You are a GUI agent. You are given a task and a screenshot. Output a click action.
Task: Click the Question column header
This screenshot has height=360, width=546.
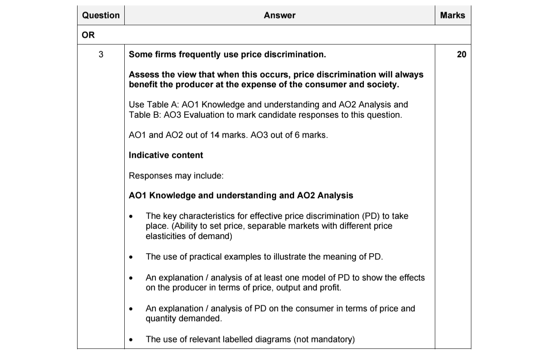click(101, 16)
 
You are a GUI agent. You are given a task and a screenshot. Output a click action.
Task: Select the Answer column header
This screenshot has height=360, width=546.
click(279, 16)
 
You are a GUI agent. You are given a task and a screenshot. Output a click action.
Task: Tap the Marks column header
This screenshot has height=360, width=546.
click(452, 16)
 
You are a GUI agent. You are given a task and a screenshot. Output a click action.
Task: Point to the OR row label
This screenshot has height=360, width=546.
click(88, 35)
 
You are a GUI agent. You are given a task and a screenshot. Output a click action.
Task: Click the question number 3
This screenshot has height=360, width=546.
click(101, 55)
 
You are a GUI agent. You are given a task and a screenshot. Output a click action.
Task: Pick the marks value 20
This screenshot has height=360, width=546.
click(461, 55)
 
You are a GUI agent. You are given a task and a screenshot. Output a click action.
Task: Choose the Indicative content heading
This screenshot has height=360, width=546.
click(166, 155)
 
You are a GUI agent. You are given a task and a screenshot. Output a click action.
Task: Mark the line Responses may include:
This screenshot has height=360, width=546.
click(176, 176)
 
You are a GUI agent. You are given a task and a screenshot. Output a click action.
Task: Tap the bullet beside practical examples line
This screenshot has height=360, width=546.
click(131, 257)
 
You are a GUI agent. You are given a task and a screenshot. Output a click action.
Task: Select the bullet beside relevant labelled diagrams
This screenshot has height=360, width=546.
click(131, 340)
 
